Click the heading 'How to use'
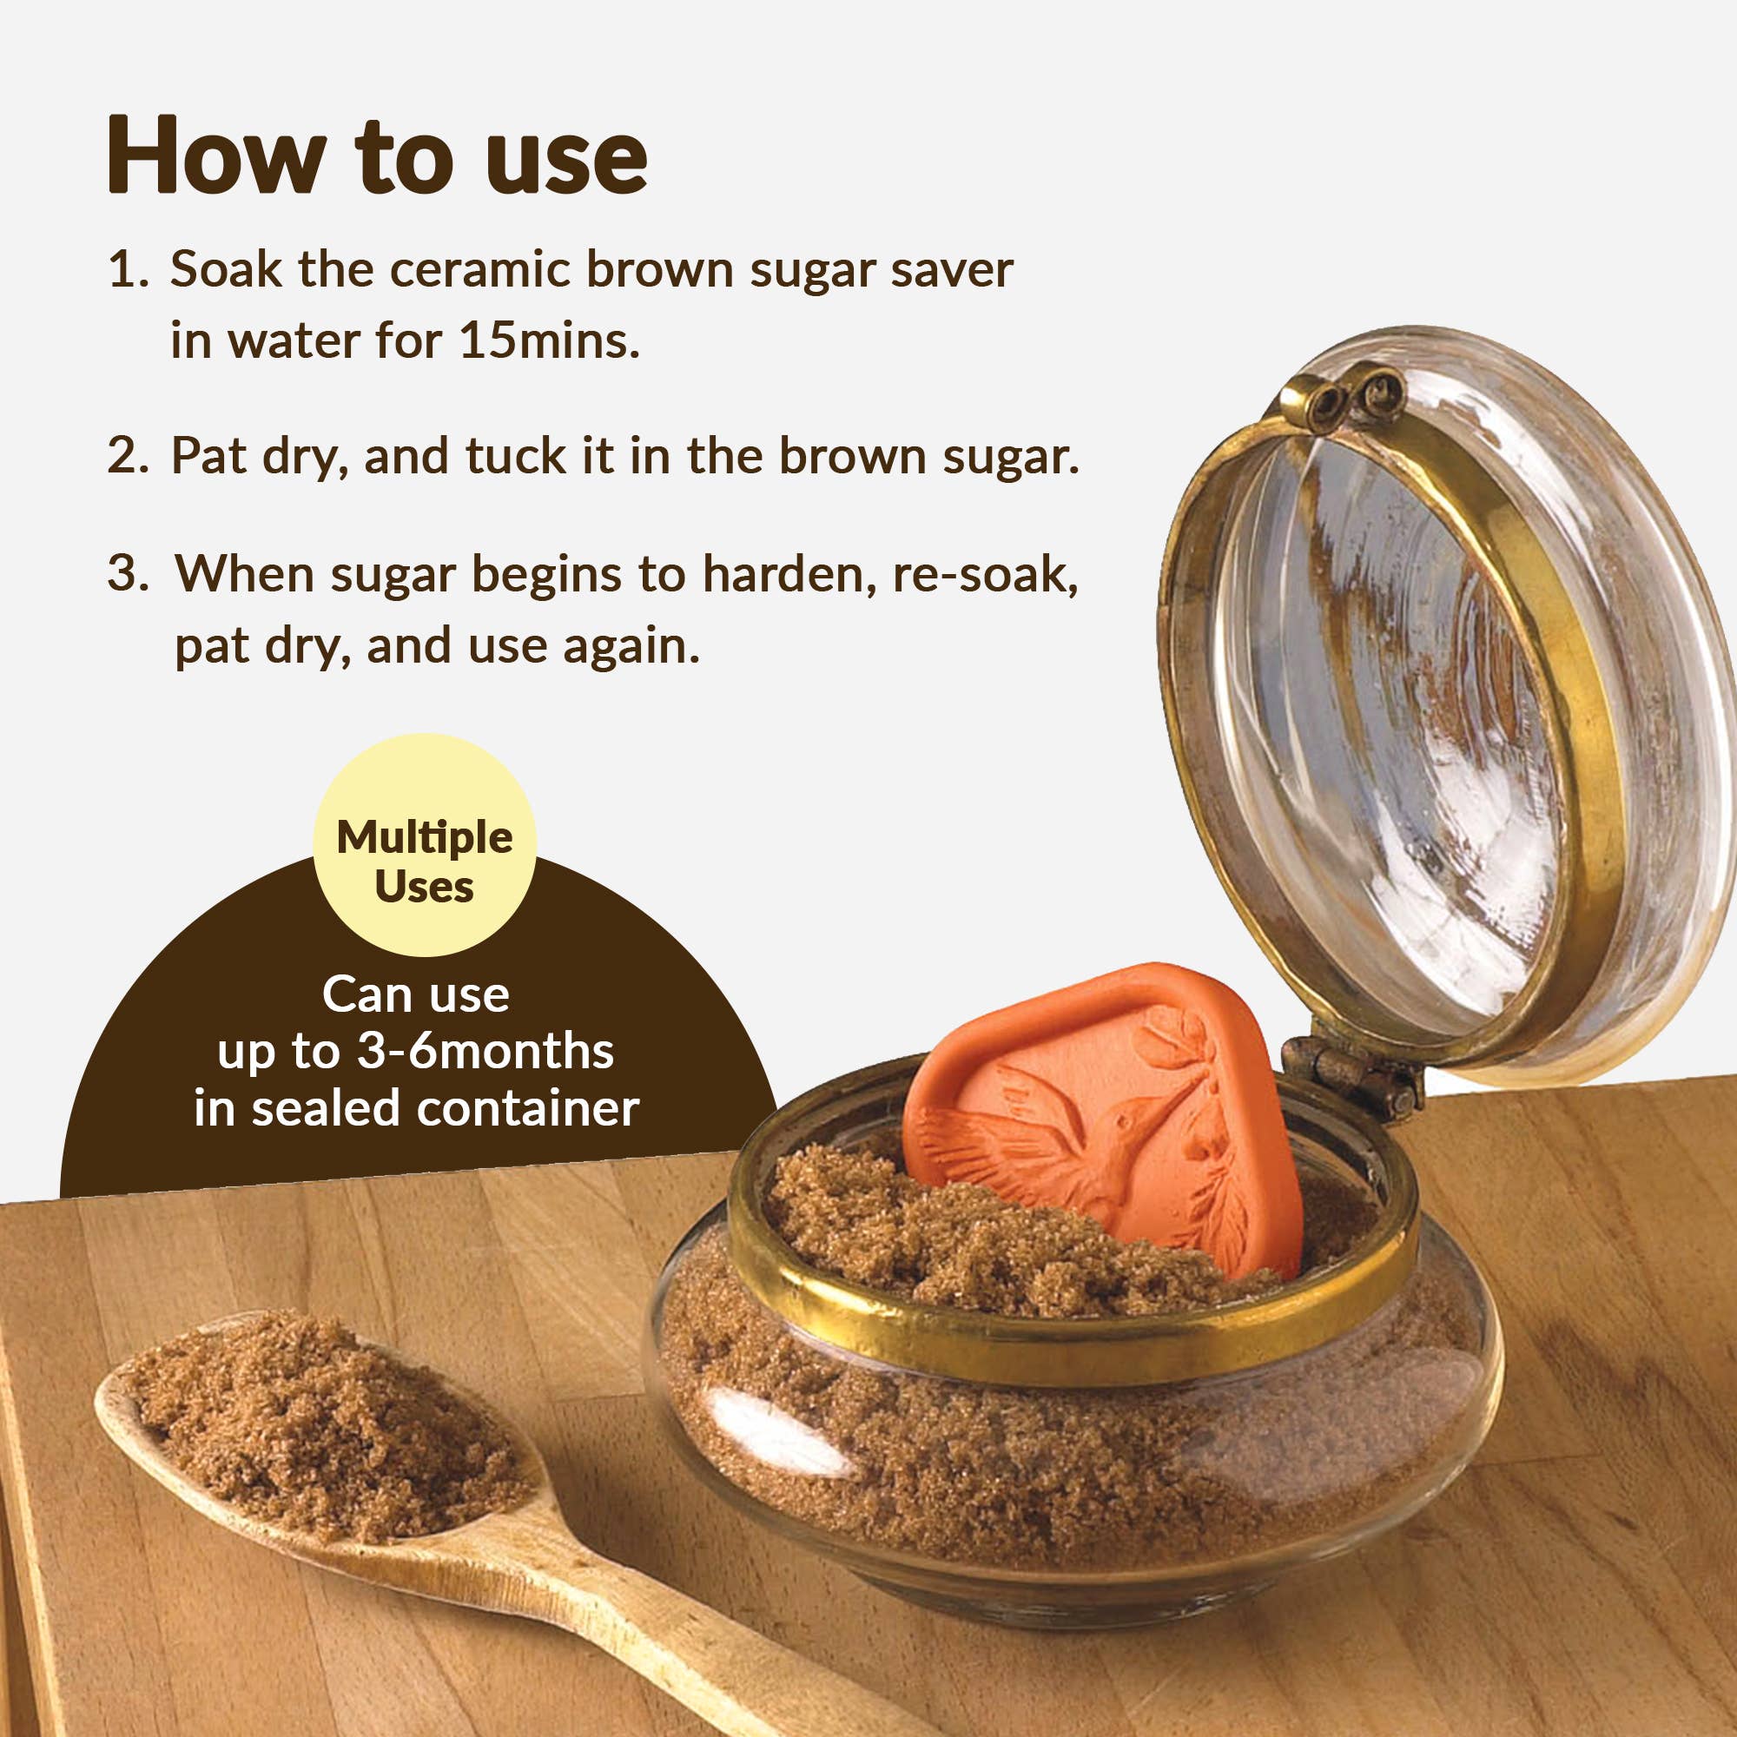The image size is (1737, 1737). [377, 155]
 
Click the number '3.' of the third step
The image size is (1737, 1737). [128, 573]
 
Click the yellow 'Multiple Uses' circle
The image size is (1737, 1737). [425, 845]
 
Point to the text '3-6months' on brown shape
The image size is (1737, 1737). [485, 1051]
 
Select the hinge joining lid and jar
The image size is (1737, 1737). [1349, 1075]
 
